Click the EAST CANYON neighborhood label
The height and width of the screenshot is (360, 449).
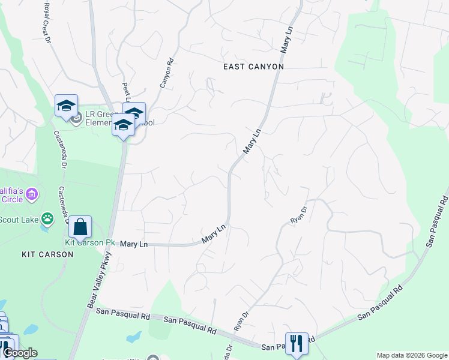[253, 67]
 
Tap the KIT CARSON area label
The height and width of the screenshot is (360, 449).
[47, 254]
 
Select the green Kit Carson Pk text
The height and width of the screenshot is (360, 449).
[89, 242]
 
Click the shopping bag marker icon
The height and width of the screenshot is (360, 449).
[80, 227]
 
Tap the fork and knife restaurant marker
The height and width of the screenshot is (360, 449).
[297, 344]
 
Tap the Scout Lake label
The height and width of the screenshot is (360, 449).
[18, 218]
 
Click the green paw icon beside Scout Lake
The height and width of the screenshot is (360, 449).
[47, 218]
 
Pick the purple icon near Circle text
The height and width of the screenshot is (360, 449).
[32, 194]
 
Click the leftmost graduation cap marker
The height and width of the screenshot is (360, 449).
[66, 106]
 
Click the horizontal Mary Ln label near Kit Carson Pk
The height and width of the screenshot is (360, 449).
[134, 244]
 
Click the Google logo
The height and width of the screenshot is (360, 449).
[19, 353]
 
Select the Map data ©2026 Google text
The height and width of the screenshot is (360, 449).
[412, 355]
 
